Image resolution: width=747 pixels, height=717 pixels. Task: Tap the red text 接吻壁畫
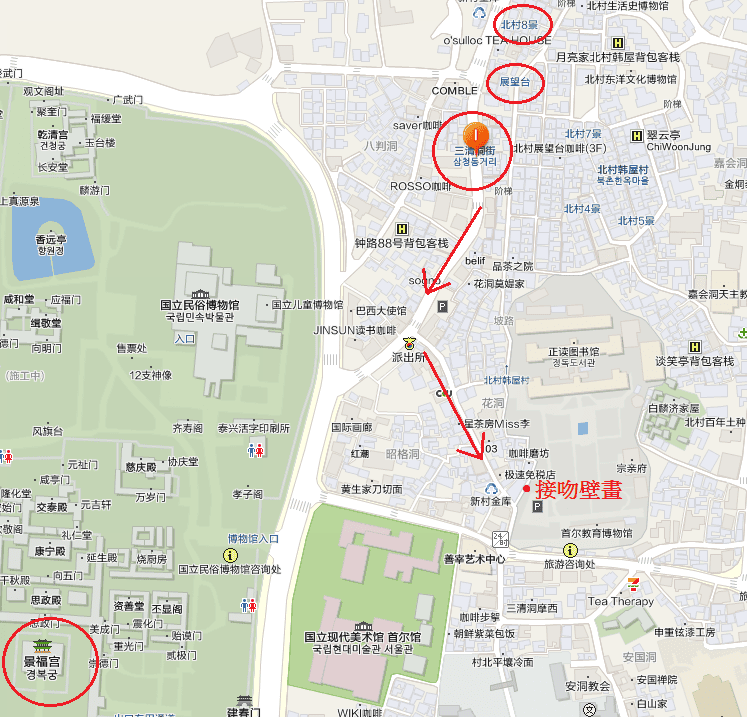coord(579,490)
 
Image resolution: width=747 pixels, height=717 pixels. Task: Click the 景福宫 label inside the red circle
coord(49,661)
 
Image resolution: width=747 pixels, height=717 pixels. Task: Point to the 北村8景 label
coord(520,22)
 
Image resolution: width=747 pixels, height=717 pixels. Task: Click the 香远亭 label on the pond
coord(50,240)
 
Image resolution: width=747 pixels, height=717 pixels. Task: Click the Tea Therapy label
coord(620,601)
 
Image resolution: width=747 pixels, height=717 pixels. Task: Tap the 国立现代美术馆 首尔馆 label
coord(362,637)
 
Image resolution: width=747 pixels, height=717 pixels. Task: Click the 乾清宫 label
coord(52,135)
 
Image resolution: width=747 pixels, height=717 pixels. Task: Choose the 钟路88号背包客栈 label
coord(401,243)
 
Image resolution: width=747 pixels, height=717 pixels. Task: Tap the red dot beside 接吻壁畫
coord(526,489)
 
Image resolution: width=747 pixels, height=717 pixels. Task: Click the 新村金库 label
coord(490,500)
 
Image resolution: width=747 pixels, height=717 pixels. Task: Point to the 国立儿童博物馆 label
coord(307,304)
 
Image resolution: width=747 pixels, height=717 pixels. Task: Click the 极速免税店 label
coord(529,474)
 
